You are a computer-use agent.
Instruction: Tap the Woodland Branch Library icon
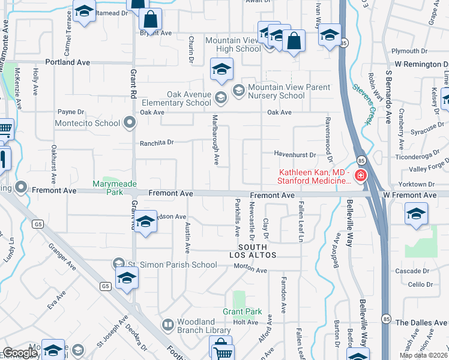click(169, 326)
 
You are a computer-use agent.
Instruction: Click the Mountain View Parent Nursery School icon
click(238, 91)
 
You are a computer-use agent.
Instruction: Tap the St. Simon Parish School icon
click(119, 265)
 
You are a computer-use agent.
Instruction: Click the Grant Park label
click(242, 312)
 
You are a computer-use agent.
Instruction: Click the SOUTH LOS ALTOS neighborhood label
click(257, 251)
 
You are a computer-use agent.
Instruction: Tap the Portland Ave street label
click(67, 62)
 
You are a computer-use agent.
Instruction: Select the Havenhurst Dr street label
click(295, 155)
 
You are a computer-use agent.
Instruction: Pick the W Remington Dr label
click(421, 64)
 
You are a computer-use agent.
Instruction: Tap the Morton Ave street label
click(250, 269)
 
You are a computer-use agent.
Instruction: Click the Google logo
click(20, 353)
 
